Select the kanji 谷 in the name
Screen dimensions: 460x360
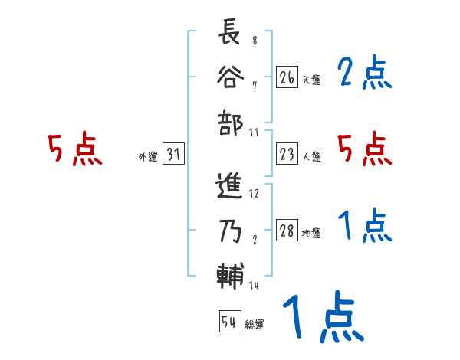pyautogui.click(x=230, y=79)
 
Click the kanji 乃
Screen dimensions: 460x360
pyautogui.click(x=230, y=231)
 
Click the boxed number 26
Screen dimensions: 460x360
pyautogui.click(x=287, y=77)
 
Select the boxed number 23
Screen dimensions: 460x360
pyautogui.click(x=287, y=155)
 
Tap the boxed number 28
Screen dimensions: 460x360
pyautogui.click(x=287, y=231)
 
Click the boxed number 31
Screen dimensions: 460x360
pyautogui.click(x=173, y=155)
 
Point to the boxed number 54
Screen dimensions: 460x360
pyautogui.click(x=229, y=322)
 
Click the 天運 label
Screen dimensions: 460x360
pyautogui.click(x=311, y=80)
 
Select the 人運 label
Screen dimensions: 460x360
pyautogui.click(x=311, y=157)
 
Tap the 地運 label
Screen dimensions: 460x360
pyautogui.click(x=311, y=234)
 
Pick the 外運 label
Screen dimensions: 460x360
pyautogui.click(x=147, y=157)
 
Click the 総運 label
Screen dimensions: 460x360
pyautogui.click(x=254, y=324)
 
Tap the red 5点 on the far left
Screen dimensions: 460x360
pyautogui.click(x=75, y=149)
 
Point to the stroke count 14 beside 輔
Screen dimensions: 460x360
pyautogui.click(x=255, y=286)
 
